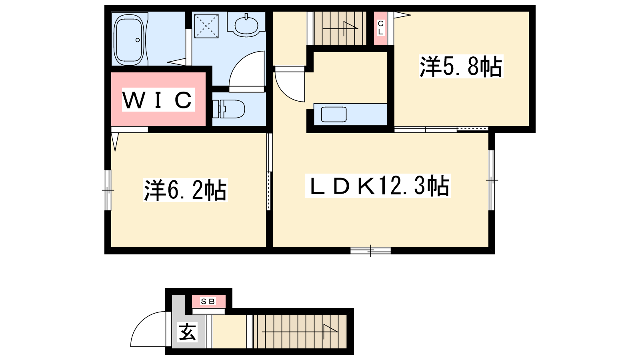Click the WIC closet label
pos(158,100)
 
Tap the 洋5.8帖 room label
pos(460,67)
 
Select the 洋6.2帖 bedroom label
pos(185,190)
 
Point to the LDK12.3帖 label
pos(378,186)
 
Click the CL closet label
pos(380,28)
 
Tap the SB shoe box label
pos(208,301)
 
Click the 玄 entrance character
pos(188,332)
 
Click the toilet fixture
pos(229,109)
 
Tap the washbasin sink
pos(246,24)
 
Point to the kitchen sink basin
pos(334,114)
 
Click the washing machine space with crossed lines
pos(206,26)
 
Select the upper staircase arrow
pos(340,28)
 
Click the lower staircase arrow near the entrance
pos(300,332)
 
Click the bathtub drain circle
pos(138,40)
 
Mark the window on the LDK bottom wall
pos(370,251)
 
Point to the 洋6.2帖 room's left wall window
pos(108,190)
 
